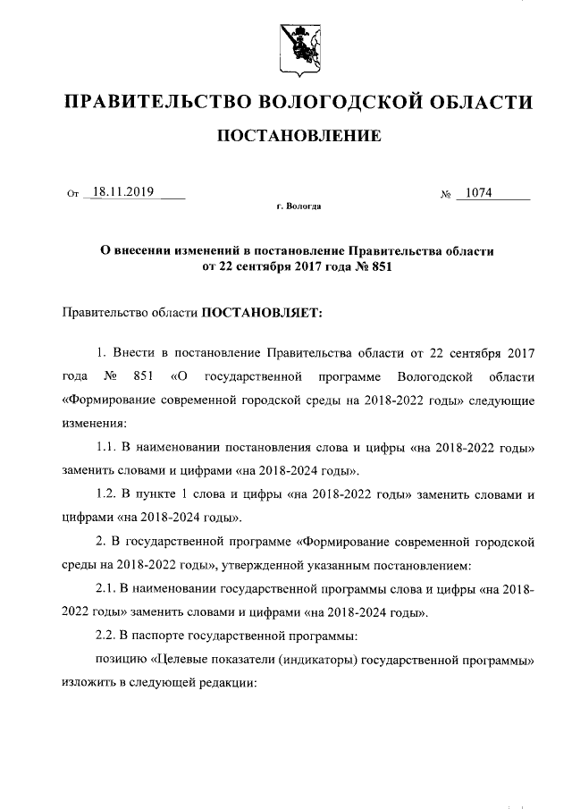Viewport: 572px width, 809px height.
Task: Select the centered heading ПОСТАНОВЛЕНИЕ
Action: coord(295,136)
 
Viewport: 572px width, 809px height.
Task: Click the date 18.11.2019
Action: coord(123,191)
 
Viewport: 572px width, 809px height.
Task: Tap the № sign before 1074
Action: coord(444,194)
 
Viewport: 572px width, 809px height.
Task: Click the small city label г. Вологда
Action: coord(299,206)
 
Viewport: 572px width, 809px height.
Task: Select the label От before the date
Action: coord(72,194)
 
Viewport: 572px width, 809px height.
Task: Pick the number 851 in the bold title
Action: coord(378,266)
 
